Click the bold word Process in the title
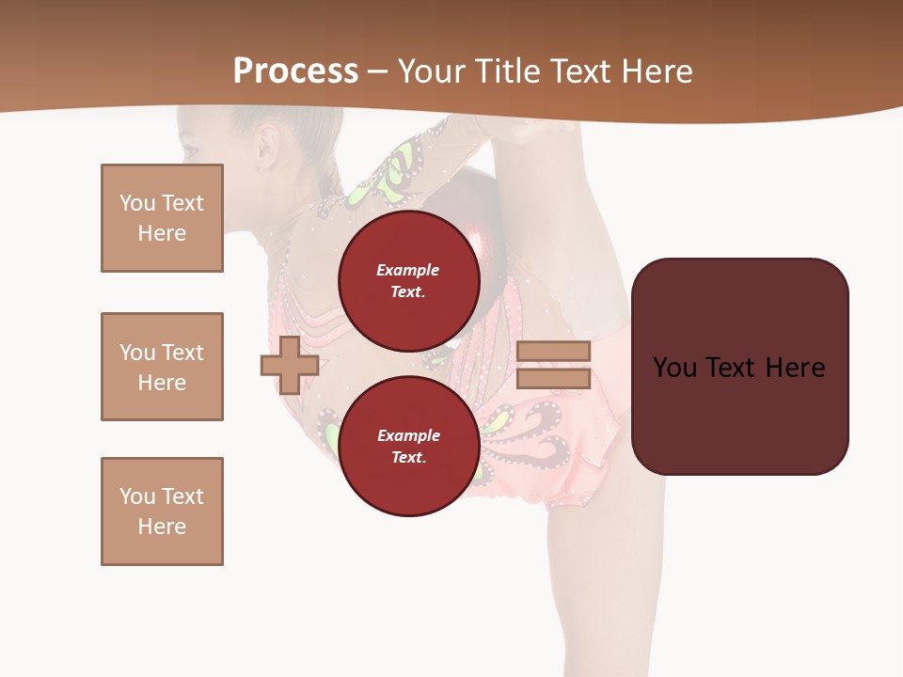click(x=295, y=71)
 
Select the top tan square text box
click(x=162, y=218)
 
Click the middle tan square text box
click(x=162, y=367)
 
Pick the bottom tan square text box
click(x=162, y=512)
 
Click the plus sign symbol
click(x=289, y=365)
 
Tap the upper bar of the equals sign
click(x=553, y=351)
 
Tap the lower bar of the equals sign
click(x=553, y=379)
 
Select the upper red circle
click(x=408, y=280)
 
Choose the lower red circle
click(x=408, y=446)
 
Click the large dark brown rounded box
click(x=739, y=367)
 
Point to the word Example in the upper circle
click(x=408, y=270)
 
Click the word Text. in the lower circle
click(x=408, y=457)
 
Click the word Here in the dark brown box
click(x=795, y=367)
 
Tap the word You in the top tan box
click(x=137, y=203)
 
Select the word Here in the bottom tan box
click(x=162, y=527)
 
